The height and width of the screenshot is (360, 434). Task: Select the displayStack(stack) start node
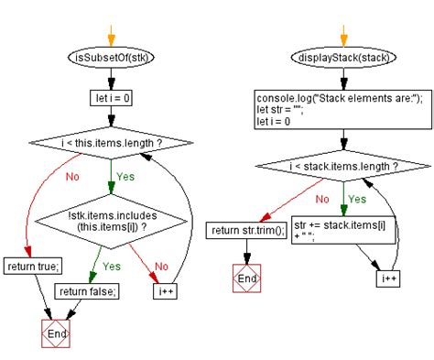click(x=342, y=58)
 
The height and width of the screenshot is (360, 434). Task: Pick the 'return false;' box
click(x=87, y=292)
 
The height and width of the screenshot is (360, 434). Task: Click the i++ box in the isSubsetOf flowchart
click(x=165, y=292)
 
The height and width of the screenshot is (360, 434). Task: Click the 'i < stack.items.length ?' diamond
click(x=341, y=167)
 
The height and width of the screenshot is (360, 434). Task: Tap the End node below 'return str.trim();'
click(x=244, y=277)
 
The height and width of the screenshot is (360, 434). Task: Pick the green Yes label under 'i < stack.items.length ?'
click(x=356, y=197)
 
